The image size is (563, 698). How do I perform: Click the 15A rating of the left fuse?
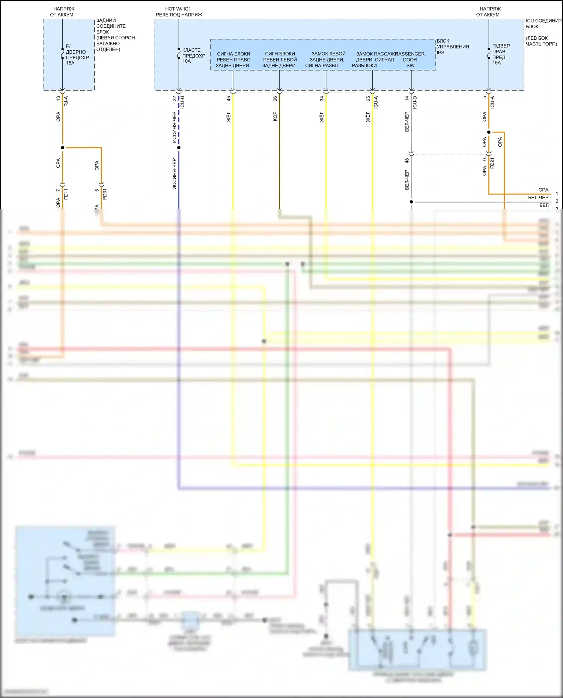coord(70,63)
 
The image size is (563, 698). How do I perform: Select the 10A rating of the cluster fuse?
coord(187,61)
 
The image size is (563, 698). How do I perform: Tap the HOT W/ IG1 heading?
coord(178,9)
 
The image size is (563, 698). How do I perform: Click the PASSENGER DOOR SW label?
coord(410,60)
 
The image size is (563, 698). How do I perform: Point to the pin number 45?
coord(229,99)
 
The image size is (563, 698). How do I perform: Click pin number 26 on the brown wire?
coord(275,99)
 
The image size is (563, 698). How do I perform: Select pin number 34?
coord(322,99)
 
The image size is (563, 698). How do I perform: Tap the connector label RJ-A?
coord(66,101)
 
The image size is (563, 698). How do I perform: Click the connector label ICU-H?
coord(182,102)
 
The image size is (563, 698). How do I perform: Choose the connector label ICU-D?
coord(415,102)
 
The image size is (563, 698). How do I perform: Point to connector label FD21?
coord(492,163)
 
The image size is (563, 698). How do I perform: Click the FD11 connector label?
coord(66,194)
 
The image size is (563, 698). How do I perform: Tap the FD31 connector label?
coord(105,194)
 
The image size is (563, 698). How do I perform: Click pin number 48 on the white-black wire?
coord(407,161)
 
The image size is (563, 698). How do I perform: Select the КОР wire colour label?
coord(275,116)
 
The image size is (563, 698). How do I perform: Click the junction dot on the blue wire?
coord(179,147)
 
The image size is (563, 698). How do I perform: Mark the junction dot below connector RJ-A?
coord(62,147)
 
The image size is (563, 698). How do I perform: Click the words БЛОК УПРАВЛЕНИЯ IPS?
coord(452,47)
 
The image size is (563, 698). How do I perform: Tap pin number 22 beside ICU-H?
coord(174,99)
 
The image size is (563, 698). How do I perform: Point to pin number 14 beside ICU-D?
coord(407,99)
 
